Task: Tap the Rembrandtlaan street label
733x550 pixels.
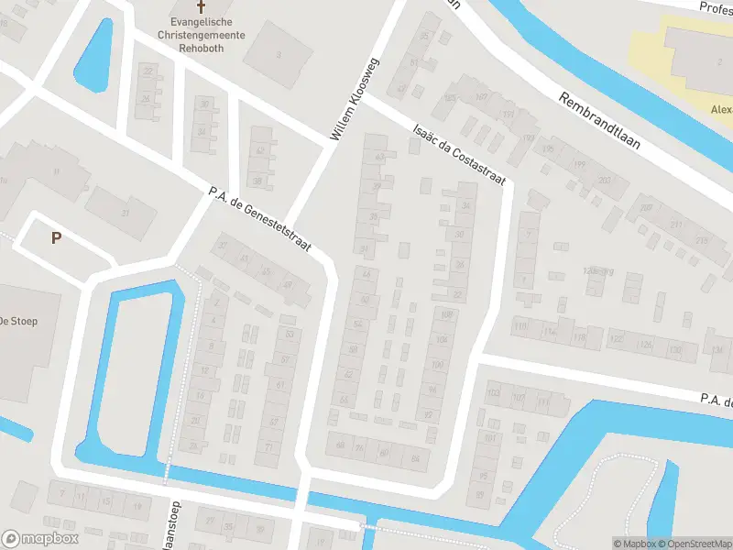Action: click(603, 119)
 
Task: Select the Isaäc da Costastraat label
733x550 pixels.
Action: click(459, 155)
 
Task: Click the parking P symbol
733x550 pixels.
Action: click(56, 237)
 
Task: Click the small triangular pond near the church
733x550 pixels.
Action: click(94, 55)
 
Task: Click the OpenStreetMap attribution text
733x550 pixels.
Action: click(693, 544)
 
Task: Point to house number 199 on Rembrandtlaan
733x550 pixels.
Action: click(579, 164)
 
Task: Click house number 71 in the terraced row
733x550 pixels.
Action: click(268, 446)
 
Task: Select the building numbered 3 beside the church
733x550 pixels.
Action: click(278, 54)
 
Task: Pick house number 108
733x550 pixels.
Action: click(447, 315)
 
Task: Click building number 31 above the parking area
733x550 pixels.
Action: click(126, 214)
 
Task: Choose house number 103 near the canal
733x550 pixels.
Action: click(495, 393)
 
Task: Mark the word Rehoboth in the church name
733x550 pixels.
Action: click(201, 46)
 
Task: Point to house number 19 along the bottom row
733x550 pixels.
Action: click(137, 505)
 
